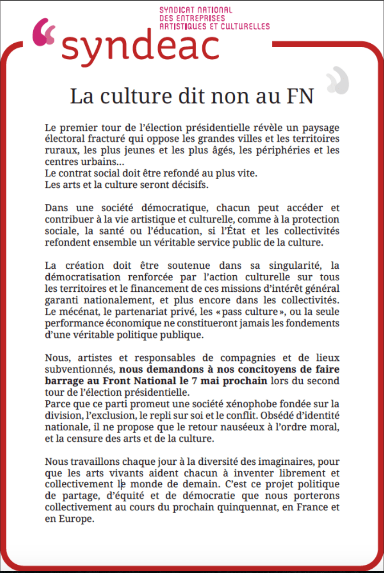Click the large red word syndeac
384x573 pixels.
140,47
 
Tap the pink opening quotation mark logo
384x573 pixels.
44,32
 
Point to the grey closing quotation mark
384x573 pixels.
337,80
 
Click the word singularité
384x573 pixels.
289,265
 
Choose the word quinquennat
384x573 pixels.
245,506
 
